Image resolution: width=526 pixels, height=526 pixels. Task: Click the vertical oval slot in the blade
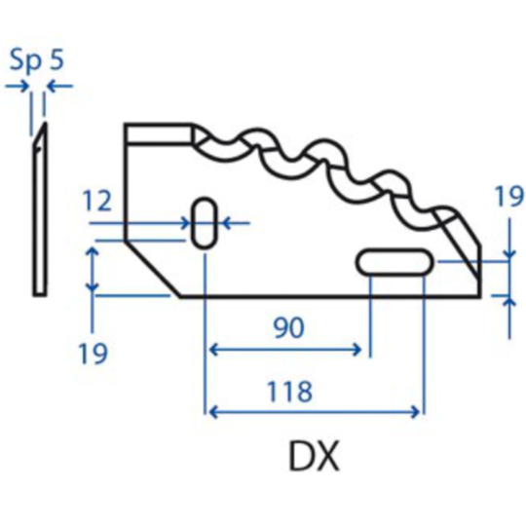coord(205,224)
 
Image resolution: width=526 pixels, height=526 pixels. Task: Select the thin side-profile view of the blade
coord(39,214)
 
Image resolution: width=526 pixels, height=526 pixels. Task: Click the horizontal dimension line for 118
coord(314,412)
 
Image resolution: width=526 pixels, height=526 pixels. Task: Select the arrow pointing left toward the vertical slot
coord(234,223)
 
